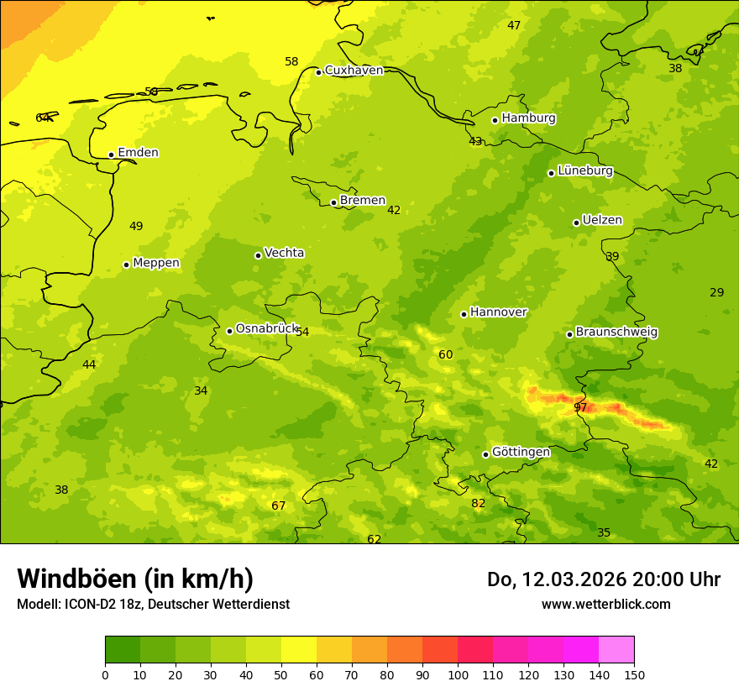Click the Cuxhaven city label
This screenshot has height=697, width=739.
pos(354,71)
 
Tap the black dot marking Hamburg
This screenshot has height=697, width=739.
pos(495,120)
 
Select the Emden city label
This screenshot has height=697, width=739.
pos(138,153)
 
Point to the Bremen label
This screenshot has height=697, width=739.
pos(362,201)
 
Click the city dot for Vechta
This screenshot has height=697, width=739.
pos(258,255)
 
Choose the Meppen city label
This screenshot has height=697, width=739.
pos(155,263)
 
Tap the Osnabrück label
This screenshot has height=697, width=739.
pos(266,329)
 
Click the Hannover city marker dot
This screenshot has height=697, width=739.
pos(464,314)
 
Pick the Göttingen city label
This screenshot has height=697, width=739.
pos(521,453)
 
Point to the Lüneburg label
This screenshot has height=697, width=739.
pos(584,170)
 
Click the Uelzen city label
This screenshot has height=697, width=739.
pos(602,221)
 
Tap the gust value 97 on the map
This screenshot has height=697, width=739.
pos(580,408)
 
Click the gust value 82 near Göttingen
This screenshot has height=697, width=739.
pos(479,504)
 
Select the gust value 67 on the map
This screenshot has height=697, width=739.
pos(279,506)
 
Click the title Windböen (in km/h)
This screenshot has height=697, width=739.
pos(135,579)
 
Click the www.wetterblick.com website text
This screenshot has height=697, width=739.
pos(605,605)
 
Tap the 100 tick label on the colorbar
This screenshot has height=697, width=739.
pos(458,674)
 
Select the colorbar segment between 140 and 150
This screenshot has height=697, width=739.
pos(616,650)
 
